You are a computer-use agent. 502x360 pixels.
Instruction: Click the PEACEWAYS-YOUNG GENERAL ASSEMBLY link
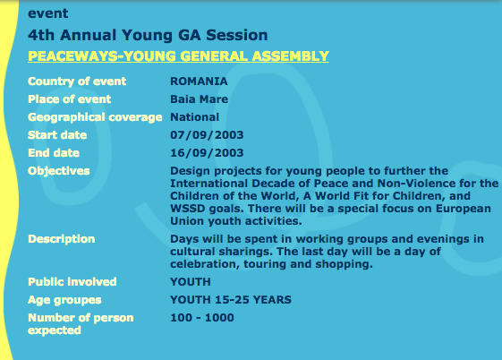point(178,56)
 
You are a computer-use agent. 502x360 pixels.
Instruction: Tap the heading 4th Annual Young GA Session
point(148,35)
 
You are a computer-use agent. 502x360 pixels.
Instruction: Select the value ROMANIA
point(199,81)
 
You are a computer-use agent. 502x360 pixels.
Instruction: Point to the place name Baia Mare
point(200,99)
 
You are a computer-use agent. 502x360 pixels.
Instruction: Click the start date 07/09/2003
point(207,135)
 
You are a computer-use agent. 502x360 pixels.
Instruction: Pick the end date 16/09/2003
point(207,153)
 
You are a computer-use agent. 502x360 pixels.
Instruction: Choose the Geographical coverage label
point(95,117)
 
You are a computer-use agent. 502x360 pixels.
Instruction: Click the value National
point(195,117)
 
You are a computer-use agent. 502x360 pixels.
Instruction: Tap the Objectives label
point(59,171)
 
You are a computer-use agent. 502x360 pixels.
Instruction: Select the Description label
point(62,239)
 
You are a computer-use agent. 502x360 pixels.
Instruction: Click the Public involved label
point(72,282)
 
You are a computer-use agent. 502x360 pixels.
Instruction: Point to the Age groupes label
point(64,300)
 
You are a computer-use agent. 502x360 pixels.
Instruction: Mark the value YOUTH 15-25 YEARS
point(231,300)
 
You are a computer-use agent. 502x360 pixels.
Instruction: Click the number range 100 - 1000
point(202,318)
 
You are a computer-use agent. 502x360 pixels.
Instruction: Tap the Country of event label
point(77,81)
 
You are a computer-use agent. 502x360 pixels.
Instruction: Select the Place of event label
point(70,99)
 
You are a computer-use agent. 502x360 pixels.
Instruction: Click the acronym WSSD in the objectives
point(187,209)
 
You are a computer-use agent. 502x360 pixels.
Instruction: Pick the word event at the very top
point(48,13)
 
